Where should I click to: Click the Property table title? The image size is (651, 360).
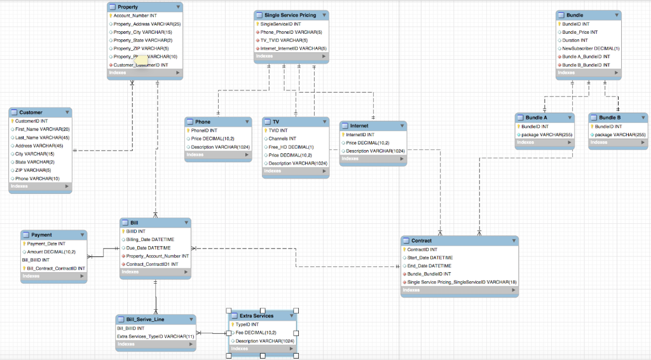128,6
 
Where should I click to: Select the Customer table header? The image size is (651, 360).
31,112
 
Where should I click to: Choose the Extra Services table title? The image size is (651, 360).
256,315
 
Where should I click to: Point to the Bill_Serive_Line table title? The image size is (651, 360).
146,319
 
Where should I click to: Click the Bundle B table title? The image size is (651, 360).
610,118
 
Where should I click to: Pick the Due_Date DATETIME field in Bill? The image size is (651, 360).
149,248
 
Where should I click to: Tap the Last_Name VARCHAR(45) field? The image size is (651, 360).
42,137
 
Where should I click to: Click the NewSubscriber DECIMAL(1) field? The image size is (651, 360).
591,48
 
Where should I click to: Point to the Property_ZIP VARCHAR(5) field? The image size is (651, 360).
140,48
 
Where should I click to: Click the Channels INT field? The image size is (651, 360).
282,139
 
